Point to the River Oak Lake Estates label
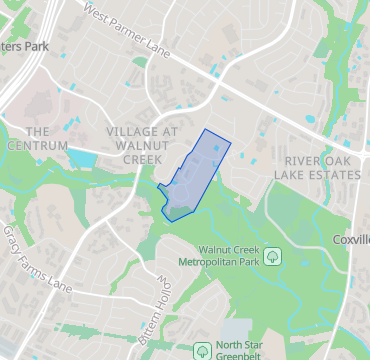(x=321, y=167)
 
